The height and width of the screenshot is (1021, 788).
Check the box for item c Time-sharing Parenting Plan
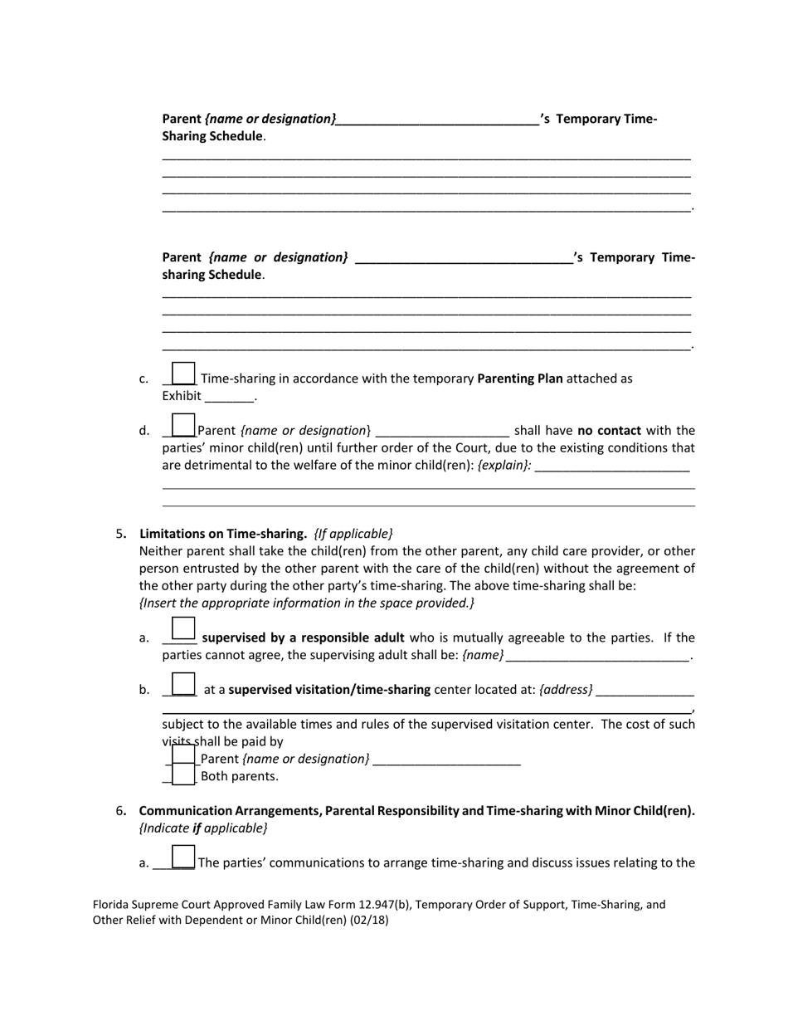tap(182, 374)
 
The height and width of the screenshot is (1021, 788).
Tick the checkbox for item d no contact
tap(182, 426)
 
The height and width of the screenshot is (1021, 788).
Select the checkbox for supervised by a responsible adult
tap(182, 630)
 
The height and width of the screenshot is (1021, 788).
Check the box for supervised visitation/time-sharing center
tap(182, 685)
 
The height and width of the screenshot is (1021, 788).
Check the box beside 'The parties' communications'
tap(182, 857)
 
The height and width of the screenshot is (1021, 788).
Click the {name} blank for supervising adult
tap(597, 656)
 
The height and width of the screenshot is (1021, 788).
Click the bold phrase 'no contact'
tap(610, 431)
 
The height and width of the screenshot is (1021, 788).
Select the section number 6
tap(120, 811)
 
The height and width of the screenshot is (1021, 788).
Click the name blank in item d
tap(442, 431)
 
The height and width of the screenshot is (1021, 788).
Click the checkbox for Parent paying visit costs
tap(183, 756)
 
